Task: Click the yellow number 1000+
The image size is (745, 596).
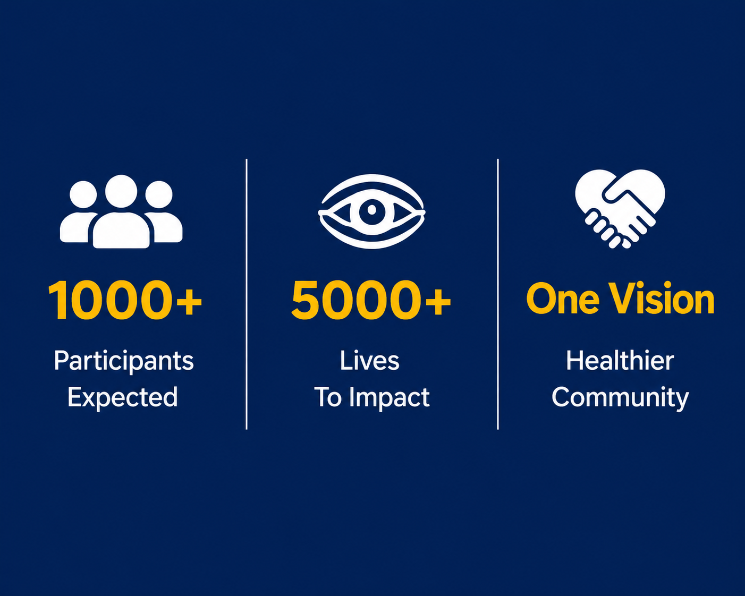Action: pos(125,300)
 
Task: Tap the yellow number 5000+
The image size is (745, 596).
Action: pos(371,300)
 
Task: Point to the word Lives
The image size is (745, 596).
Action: pos(369,361)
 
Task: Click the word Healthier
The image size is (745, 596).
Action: pos(620,361)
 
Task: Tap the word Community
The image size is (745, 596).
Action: pos(620,398)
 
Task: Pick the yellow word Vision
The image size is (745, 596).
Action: pos(662,299)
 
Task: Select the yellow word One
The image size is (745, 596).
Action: pos(563,299)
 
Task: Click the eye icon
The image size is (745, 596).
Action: pos(371,211)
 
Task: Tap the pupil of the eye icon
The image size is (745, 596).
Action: pos(372,210)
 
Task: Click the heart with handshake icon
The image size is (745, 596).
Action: pos(620,209)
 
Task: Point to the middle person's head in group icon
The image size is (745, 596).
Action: pos(121,191)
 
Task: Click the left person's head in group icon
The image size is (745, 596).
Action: pos(83,194)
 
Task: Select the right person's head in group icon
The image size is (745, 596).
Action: pos(159,194)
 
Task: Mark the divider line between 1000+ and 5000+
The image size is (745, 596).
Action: pos(247,294)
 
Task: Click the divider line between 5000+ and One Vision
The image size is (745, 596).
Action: pos(498,294)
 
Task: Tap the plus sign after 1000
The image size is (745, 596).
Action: pos(189,302)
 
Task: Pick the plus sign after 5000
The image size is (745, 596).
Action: pos(438,302)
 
